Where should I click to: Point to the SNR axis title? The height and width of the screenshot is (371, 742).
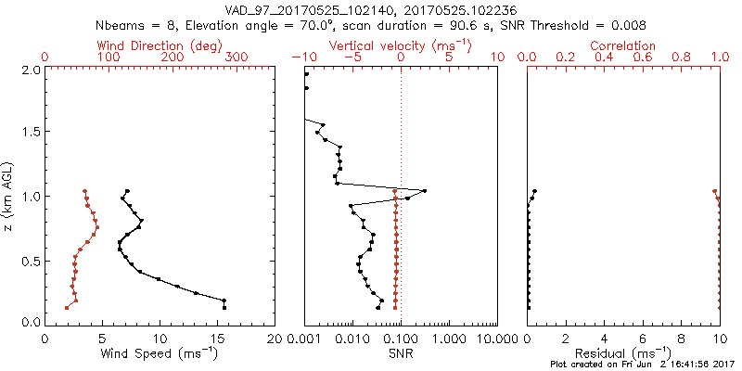tap(401, 353)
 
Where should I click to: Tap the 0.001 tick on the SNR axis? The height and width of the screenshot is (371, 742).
tap(305, 339)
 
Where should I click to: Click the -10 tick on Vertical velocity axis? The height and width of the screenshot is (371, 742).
tap(303, 58)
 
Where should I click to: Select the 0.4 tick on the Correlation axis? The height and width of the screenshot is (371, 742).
tap(604, 58)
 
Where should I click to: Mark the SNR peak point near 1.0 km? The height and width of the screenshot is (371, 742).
tap(425, 191)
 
